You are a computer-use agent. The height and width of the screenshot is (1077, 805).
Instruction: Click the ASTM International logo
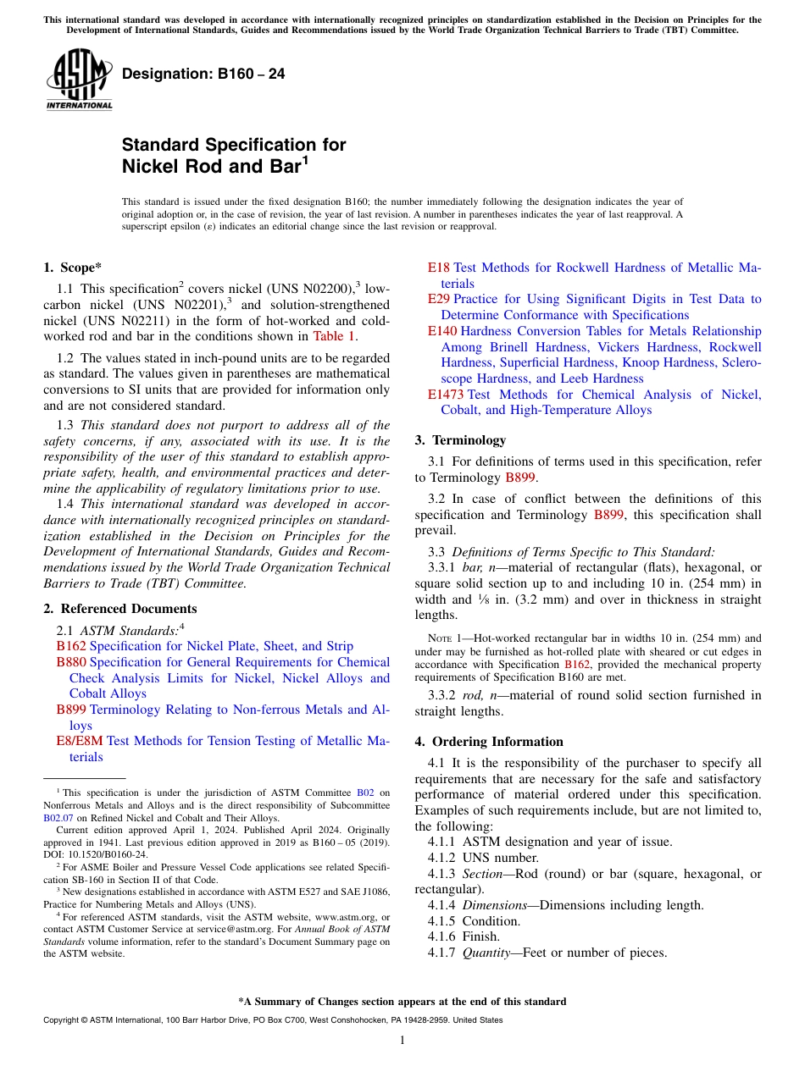coord(79,79)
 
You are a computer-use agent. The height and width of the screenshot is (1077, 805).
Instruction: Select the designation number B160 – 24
coord(203,75)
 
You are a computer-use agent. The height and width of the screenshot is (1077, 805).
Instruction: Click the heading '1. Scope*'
coord(72,268)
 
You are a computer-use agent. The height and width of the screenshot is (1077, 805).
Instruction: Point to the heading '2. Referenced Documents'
coord(119,609)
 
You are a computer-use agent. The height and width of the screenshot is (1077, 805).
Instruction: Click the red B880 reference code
coord(70,662)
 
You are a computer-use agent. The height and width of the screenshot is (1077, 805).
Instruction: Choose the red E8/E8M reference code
coord(79,741)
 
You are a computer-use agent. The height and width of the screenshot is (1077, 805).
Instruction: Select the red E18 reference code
coord(438,268)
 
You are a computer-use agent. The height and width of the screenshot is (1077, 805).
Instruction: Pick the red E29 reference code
coord(438,299)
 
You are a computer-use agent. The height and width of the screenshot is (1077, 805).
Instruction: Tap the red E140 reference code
coord(441,331)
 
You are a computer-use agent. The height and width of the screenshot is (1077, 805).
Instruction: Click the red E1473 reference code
coord(445,395)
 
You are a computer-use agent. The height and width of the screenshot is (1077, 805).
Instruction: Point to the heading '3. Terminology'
coord(460,440)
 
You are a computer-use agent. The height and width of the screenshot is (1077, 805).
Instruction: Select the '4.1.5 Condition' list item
coord(475,921)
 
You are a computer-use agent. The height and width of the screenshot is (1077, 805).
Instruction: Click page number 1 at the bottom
coord(402,1041)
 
